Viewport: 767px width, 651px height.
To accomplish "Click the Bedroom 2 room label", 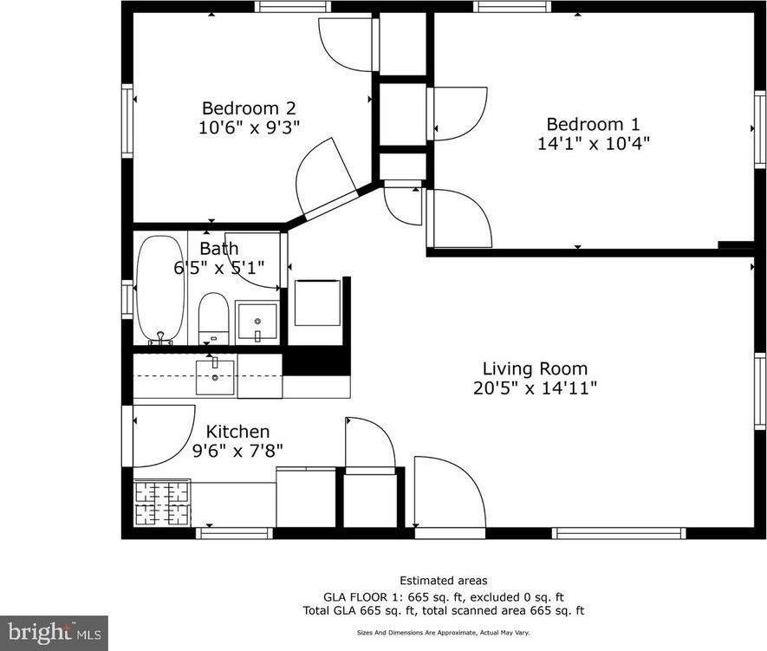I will tap(249, 108).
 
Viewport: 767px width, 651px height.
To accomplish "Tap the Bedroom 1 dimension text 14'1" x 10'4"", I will tap(593, 143).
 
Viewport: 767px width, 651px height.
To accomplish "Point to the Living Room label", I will tap(535, 368).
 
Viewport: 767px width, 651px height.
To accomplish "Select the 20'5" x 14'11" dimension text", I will tap(535, 388).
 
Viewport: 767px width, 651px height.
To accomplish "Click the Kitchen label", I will tap(237, 431).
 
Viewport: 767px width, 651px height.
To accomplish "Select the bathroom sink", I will tap(257, 322).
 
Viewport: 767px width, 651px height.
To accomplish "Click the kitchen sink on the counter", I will tap(214, 377).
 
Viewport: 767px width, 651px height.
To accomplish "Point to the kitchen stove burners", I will tap(161, 502).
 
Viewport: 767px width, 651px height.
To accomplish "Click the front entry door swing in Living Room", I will tap(445, 494).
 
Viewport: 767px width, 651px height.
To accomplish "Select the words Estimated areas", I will tap(443, 580).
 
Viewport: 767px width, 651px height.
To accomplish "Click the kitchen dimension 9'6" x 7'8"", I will tap(237, 450).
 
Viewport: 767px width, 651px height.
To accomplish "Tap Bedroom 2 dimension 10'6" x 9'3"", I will tap(249, 127).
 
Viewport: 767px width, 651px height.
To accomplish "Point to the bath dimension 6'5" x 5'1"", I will tap(219, 268).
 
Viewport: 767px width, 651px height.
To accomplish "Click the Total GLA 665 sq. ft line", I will tap(443, 610).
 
